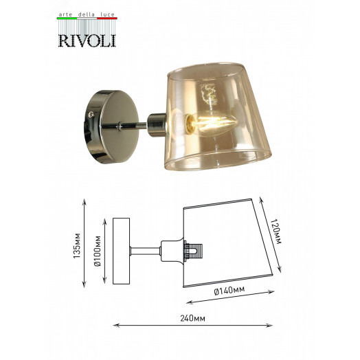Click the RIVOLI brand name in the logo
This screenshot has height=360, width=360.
(x=87, y=41)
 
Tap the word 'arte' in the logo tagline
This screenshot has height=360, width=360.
(x=65, y=14)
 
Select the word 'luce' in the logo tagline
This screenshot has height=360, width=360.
(x=107, y=14)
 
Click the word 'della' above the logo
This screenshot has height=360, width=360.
(x=86, y=14)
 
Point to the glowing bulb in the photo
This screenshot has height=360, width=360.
(x=211, y=124)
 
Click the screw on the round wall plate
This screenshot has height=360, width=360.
(x=91, y=113)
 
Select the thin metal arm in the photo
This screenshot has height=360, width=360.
(x=124, y=126)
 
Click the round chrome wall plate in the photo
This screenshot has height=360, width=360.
(x=112, y=126)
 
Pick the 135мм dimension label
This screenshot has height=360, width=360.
(x=77, y=245)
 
